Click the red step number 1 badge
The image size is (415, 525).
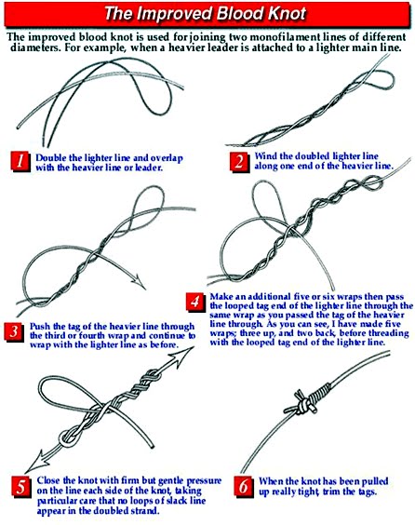[20, 161]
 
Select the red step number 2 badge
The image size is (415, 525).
[239, 161]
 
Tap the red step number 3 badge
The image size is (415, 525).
[14, 331]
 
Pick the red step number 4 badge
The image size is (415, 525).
[195, 302]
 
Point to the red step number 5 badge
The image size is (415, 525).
[20, 486]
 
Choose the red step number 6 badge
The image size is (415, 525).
[243, 486]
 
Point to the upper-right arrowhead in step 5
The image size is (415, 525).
[183, 357]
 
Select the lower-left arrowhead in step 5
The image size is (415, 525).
[36, 462]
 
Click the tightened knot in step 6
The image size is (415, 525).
[306, 401]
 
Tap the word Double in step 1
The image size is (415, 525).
[47, 157]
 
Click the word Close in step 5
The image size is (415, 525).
[48, 480]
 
